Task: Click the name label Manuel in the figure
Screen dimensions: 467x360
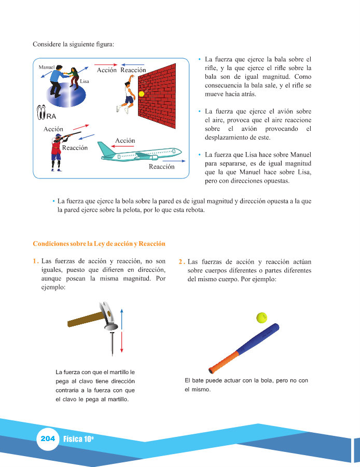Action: click(47, 67)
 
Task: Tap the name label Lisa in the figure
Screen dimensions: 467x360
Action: click(84, 81)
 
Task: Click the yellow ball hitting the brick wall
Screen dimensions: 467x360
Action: click(141, 94)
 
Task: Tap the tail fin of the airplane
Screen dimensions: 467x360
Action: click(107, 148)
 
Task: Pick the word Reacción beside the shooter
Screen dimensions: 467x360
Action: click(75, 148)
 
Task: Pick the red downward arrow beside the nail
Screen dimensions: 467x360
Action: click(121, 341)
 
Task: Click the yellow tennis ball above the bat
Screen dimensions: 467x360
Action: click(261, 318)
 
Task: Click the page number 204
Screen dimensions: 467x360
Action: click(47, 439)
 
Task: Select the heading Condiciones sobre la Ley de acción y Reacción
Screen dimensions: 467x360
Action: click(99, 244)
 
